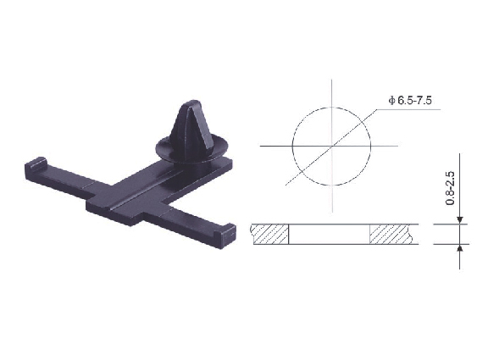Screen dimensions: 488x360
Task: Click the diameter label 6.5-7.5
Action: click(x=414, y=101)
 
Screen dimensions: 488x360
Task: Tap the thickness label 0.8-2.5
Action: click(x=451, y=188)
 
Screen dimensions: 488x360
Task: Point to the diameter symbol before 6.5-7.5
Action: click(x=391, y=101)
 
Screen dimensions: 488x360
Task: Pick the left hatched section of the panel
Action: click(x=269, y=234)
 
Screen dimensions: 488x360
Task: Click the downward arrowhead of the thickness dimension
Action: click(x=460, y=220)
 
